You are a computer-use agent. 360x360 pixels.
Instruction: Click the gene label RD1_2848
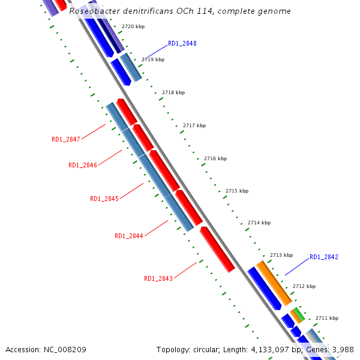182,43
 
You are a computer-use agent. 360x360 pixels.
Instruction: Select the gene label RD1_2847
66,139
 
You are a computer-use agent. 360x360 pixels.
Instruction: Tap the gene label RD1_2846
83,165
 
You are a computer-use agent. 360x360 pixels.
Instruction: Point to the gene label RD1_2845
104,199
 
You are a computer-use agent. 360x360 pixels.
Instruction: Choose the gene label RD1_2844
129,236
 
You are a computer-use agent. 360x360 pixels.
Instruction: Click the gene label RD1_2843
158,278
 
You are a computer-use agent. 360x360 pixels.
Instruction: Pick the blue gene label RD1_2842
324,257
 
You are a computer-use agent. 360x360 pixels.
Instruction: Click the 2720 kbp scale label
133,27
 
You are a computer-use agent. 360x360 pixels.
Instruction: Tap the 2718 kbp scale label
173,92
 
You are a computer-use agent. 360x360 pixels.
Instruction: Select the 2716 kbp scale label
215,158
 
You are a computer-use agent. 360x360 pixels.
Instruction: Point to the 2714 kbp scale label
259,223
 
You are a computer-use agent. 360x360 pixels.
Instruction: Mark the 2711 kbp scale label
326,318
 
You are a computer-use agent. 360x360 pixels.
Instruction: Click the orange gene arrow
274,283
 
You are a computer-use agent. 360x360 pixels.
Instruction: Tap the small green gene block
298,314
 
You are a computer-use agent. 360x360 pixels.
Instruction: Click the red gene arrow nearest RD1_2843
217,249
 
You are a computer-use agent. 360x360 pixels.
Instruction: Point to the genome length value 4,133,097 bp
270,349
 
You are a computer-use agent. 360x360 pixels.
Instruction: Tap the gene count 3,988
342,349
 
